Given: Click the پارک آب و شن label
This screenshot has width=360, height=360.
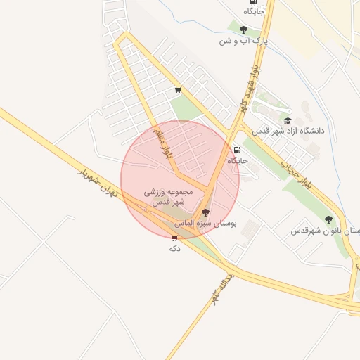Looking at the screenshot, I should coord(245,41).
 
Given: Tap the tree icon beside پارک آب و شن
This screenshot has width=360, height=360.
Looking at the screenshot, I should coord(243,30).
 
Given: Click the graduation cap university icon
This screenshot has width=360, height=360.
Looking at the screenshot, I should coord(287,120).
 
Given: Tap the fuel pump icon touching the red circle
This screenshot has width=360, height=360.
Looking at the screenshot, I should coord(237,150).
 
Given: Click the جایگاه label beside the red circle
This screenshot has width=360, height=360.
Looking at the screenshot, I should coord(238,160).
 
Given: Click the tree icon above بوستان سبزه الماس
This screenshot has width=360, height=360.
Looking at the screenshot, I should coord(205,212).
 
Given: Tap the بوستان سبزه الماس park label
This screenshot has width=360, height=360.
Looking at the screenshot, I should coord(205,223).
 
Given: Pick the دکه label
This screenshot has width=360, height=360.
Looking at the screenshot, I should coord(175,248).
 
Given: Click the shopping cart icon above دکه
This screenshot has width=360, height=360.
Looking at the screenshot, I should coord(174,238).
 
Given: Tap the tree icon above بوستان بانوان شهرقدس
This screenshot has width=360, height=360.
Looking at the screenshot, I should coord(328,219).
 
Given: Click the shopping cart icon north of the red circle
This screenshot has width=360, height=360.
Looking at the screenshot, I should coord(178,90).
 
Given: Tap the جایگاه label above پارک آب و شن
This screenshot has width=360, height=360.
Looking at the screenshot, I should coord(254,11).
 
